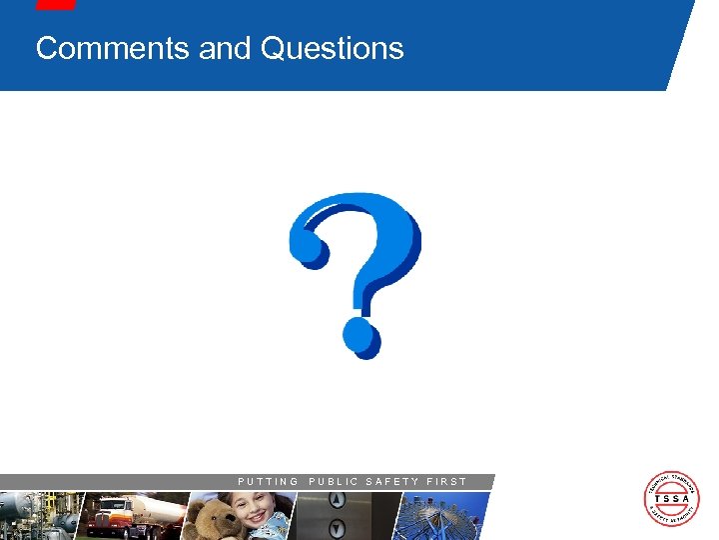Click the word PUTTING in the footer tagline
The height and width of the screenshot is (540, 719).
click(x=268, y=482)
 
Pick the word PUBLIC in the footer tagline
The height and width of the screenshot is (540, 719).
click(x=333, y=482)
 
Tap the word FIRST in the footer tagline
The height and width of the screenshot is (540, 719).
click(x=446, y=482)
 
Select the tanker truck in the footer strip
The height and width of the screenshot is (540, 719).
click(x=135, y=515)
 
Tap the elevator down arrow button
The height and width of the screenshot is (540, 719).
click(x=337, y=527)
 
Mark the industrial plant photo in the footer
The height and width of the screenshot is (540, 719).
click(x=36, y=516)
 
